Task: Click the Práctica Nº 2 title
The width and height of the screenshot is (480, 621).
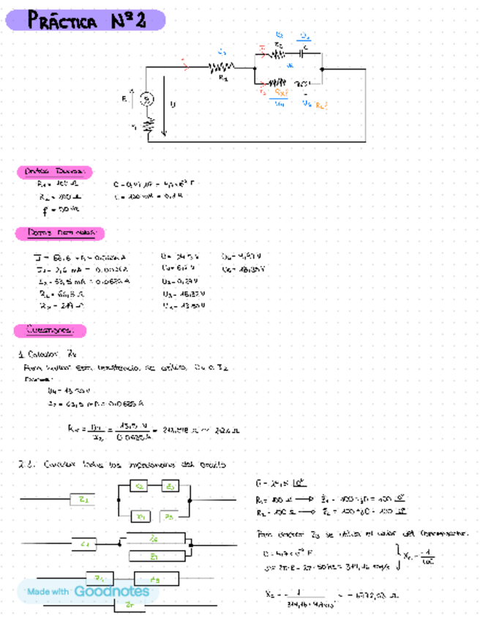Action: tap(86, 21)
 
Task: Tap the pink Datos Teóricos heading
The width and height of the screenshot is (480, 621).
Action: tap(55, 171)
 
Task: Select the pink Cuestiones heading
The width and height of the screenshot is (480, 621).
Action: tap(51, 330)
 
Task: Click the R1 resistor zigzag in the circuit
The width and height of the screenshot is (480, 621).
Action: tap(222, 68)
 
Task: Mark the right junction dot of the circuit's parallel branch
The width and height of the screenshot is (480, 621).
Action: tap(323, 69)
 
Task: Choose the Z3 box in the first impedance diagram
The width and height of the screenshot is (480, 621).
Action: tap(169, 486)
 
